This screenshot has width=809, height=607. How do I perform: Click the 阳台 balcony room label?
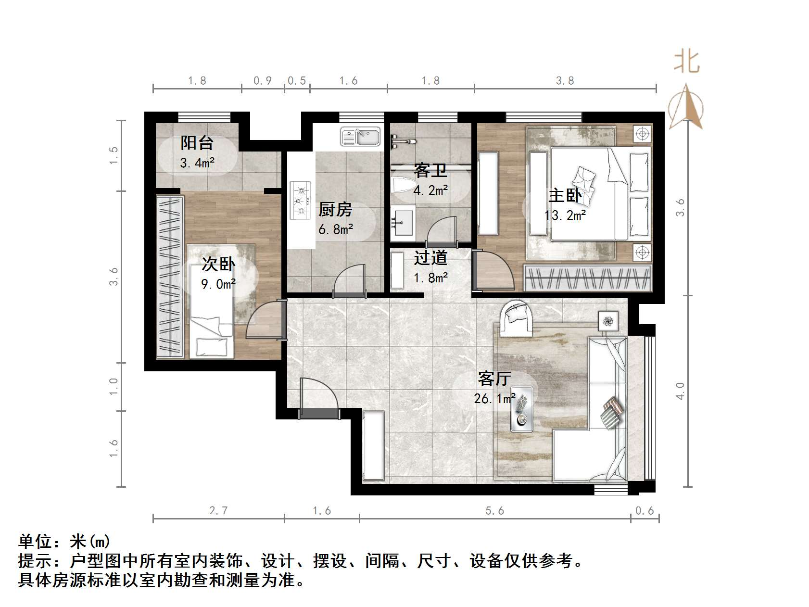[x=197, y=143]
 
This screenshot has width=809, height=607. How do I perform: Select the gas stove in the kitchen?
[x=300, y=200]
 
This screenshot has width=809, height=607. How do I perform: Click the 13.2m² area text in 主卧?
[x=565, y=215]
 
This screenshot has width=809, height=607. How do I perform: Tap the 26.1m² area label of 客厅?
[x=494, y=399]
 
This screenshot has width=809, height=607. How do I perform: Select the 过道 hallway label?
[x=430, y=258]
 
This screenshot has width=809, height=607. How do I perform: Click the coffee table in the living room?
[x=521, y=408]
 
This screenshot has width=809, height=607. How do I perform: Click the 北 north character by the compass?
[x=686, y=63]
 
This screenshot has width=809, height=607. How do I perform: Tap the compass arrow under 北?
[x=686, y=107]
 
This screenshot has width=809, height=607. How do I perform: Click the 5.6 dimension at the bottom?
[x=494, y=511]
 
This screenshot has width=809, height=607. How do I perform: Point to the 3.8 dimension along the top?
[x=565, y=81]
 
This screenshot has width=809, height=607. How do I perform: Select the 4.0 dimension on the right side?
[x=680, y=391]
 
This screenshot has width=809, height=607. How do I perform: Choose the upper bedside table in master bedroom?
[x=642, y=134]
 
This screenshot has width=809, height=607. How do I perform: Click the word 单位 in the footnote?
[x=35, y=542]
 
